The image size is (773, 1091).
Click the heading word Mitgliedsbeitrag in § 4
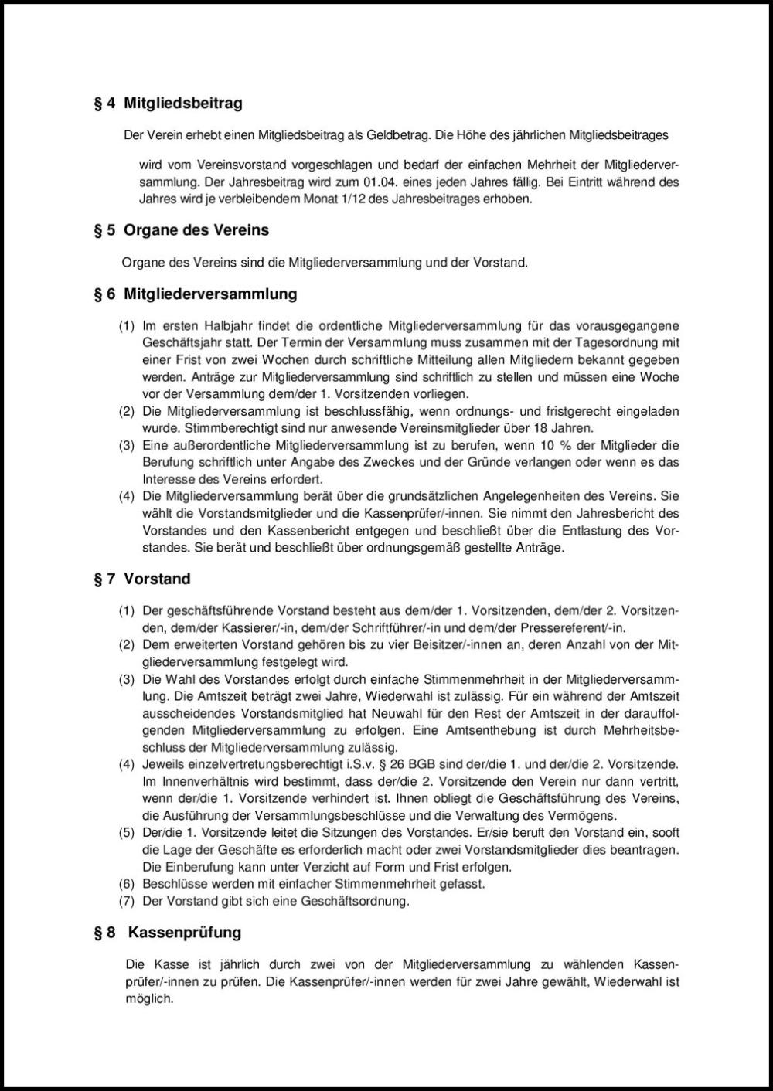click(183, 103)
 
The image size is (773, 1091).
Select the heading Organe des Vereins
click(196, 230)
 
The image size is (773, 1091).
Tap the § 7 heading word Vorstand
click(157, 579)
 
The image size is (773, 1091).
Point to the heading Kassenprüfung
click(185, 933)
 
